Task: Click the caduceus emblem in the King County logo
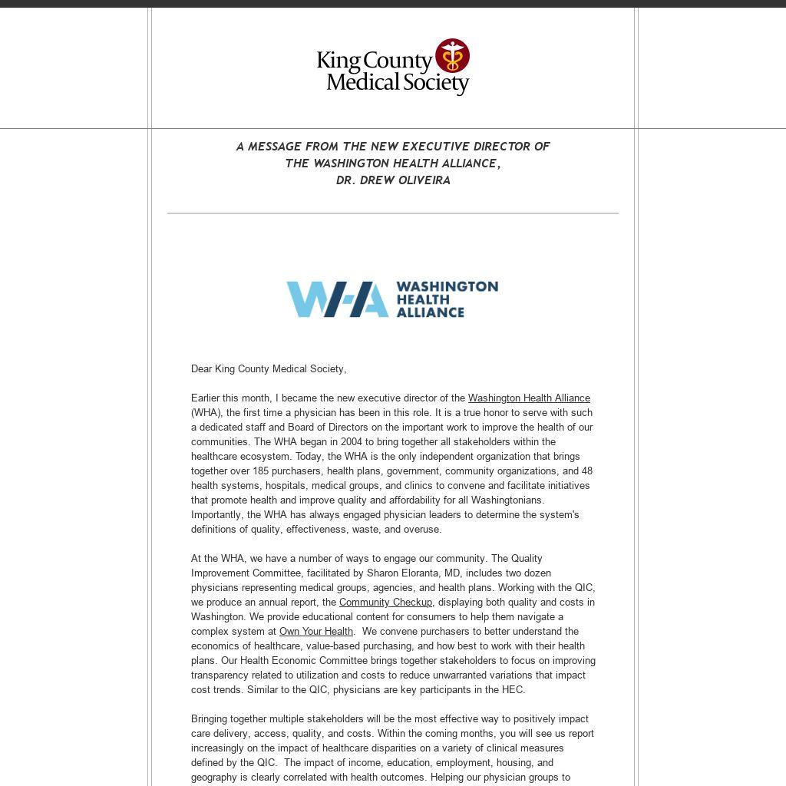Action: pyautogui.click(x=452, y=56)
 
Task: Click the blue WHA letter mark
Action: pyautogui.click(x=337, y=299)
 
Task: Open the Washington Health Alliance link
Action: pyautogui.click(x=529, y=398)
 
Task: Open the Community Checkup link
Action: pyautogui.click(x=385, y=603)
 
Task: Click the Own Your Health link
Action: pyautogui.click(x=316, y=632)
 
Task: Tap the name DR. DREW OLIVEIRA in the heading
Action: pyautogui.click(x=393, y=180)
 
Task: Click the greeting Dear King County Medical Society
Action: pyautogui.click(x=269, y=369)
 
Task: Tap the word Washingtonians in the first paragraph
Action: pyautogui.click(x=507, y=500)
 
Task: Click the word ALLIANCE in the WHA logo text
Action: pyautogui.click(x=430, y=312)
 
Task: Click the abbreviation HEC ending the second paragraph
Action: pyautogui.click(x=513, y=690)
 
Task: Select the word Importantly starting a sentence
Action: pyautogui.click(x=218, y=515)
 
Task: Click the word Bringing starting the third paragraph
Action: pyautogui.click(x=210, y=719)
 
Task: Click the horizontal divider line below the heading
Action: pyautogui.click(x=393, y=213)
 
